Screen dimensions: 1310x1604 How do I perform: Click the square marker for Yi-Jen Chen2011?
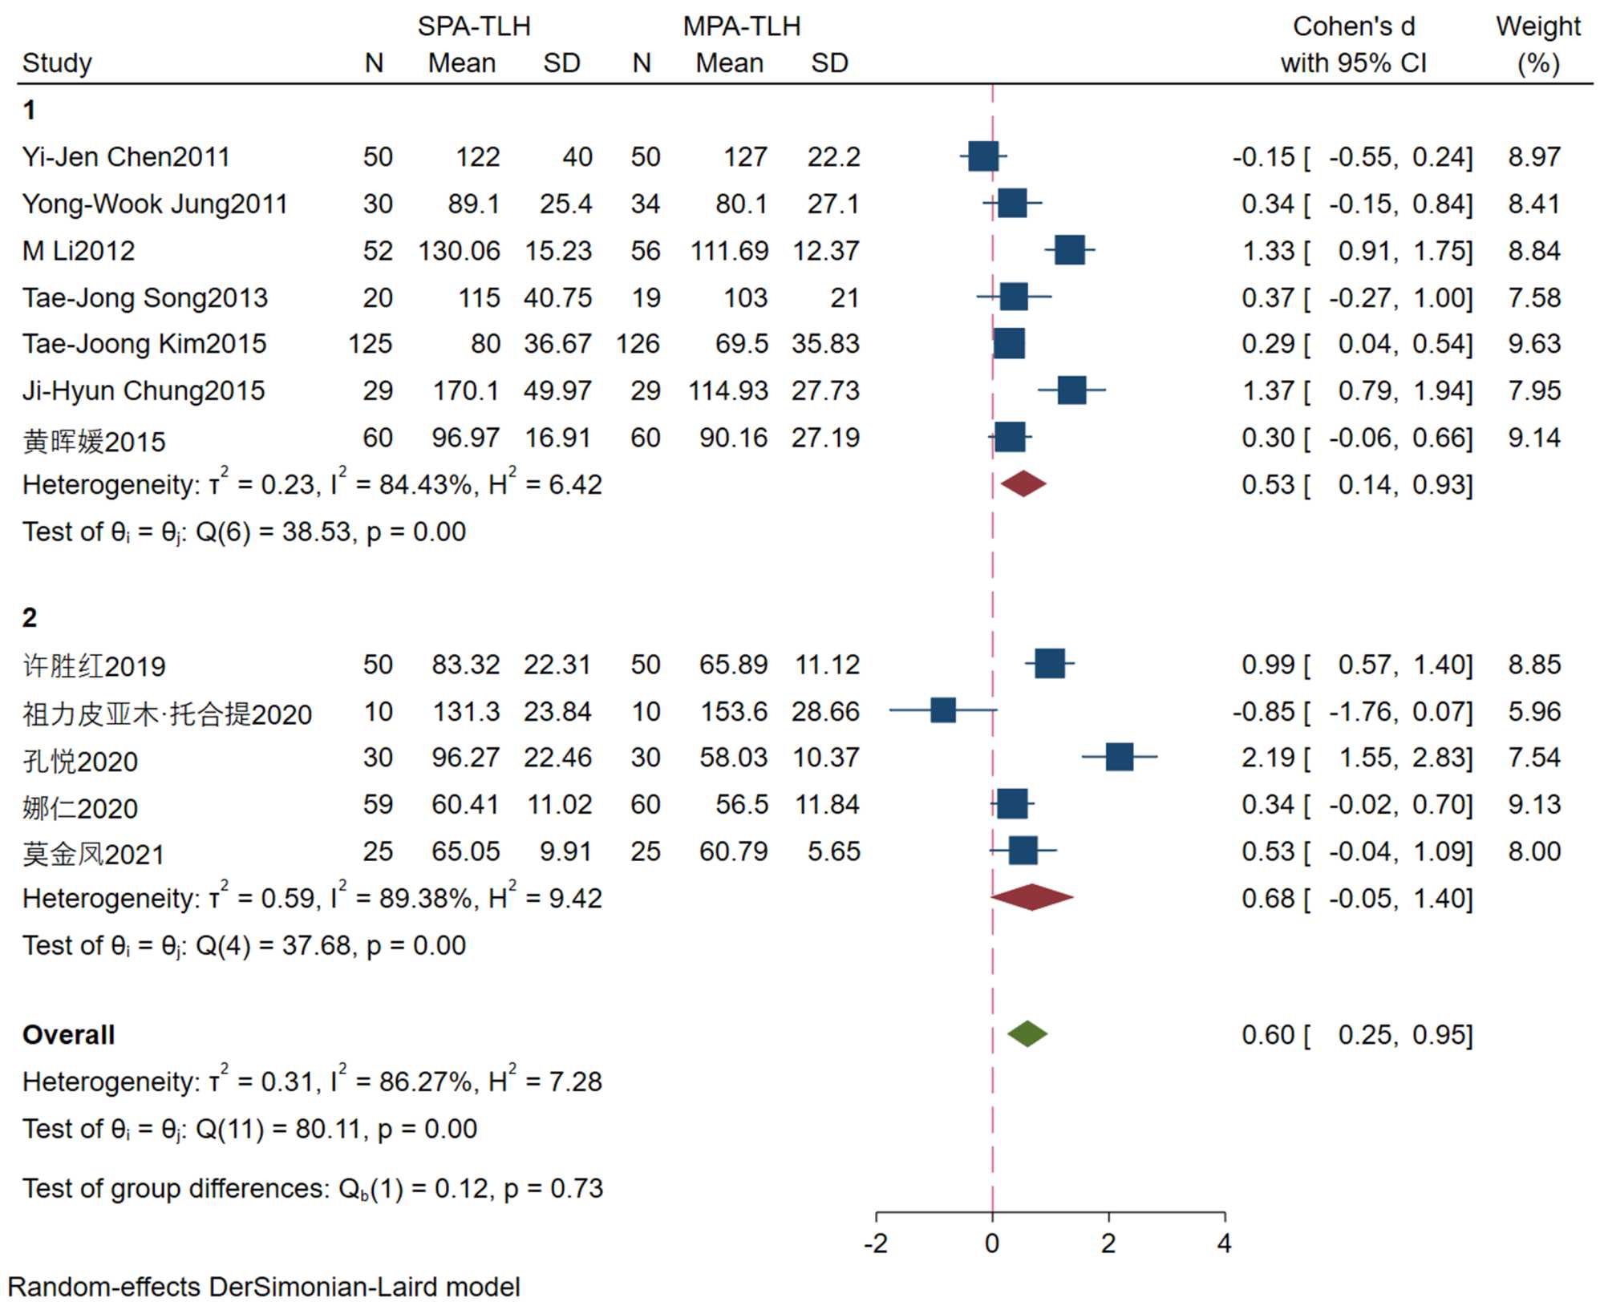[x=983, y=156]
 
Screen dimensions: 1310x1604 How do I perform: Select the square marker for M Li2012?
[x=1070, y=250]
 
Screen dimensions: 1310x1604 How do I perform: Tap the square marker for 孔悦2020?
[x=1120, y=757]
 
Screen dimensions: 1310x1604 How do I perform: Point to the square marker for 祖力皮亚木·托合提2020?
[x=943, y=710]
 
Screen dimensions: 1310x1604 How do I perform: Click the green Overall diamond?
[x=1027, y=1034]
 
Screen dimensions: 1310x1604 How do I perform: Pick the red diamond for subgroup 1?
[x=1023, y=483]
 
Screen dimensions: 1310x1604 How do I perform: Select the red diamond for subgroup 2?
[x=1032, y=897]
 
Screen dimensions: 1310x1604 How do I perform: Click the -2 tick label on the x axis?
[x=875, y=1244]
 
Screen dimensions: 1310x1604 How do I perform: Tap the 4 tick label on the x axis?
[x=1224, y=1244]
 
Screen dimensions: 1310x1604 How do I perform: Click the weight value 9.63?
[x=1533, y=344]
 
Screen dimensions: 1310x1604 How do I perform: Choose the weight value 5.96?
[x=1533, y=711]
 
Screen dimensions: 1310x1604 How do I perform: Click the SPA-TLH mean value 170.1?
[x=465, y=391]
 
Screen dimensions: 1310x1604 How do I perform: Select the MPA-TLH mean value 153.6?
[x=734, y=711]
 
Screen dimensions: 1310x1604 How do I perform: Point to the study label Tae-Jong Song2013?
[x=145, y=298]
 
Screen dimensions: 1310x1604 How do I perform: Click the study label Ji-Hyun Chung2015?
[x=144, y=391]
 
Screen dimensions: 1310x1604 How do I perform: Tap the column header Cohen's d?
[x=1354, y=26]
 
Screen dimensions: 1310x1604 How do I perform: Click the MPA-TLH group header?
[x=742, y=26]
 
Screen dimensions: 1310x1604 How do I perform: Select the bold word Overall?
[x=69, y=1035]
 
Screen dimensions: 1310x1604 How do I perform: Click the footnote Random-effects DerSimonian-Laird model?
[x=264, y=1288]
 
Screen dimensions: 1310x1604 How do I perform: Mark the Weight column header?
[x=1537, y=26]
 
